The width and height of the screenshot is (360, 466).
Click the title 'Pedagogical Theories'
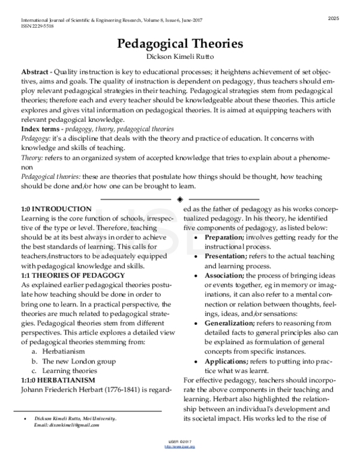(x=180, y=44)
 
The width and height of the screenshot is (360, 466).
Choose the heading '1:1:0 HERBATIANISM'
(x=58, y=380)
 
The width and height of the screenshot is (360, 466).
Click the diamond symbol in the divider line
(x=181, y=198)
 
